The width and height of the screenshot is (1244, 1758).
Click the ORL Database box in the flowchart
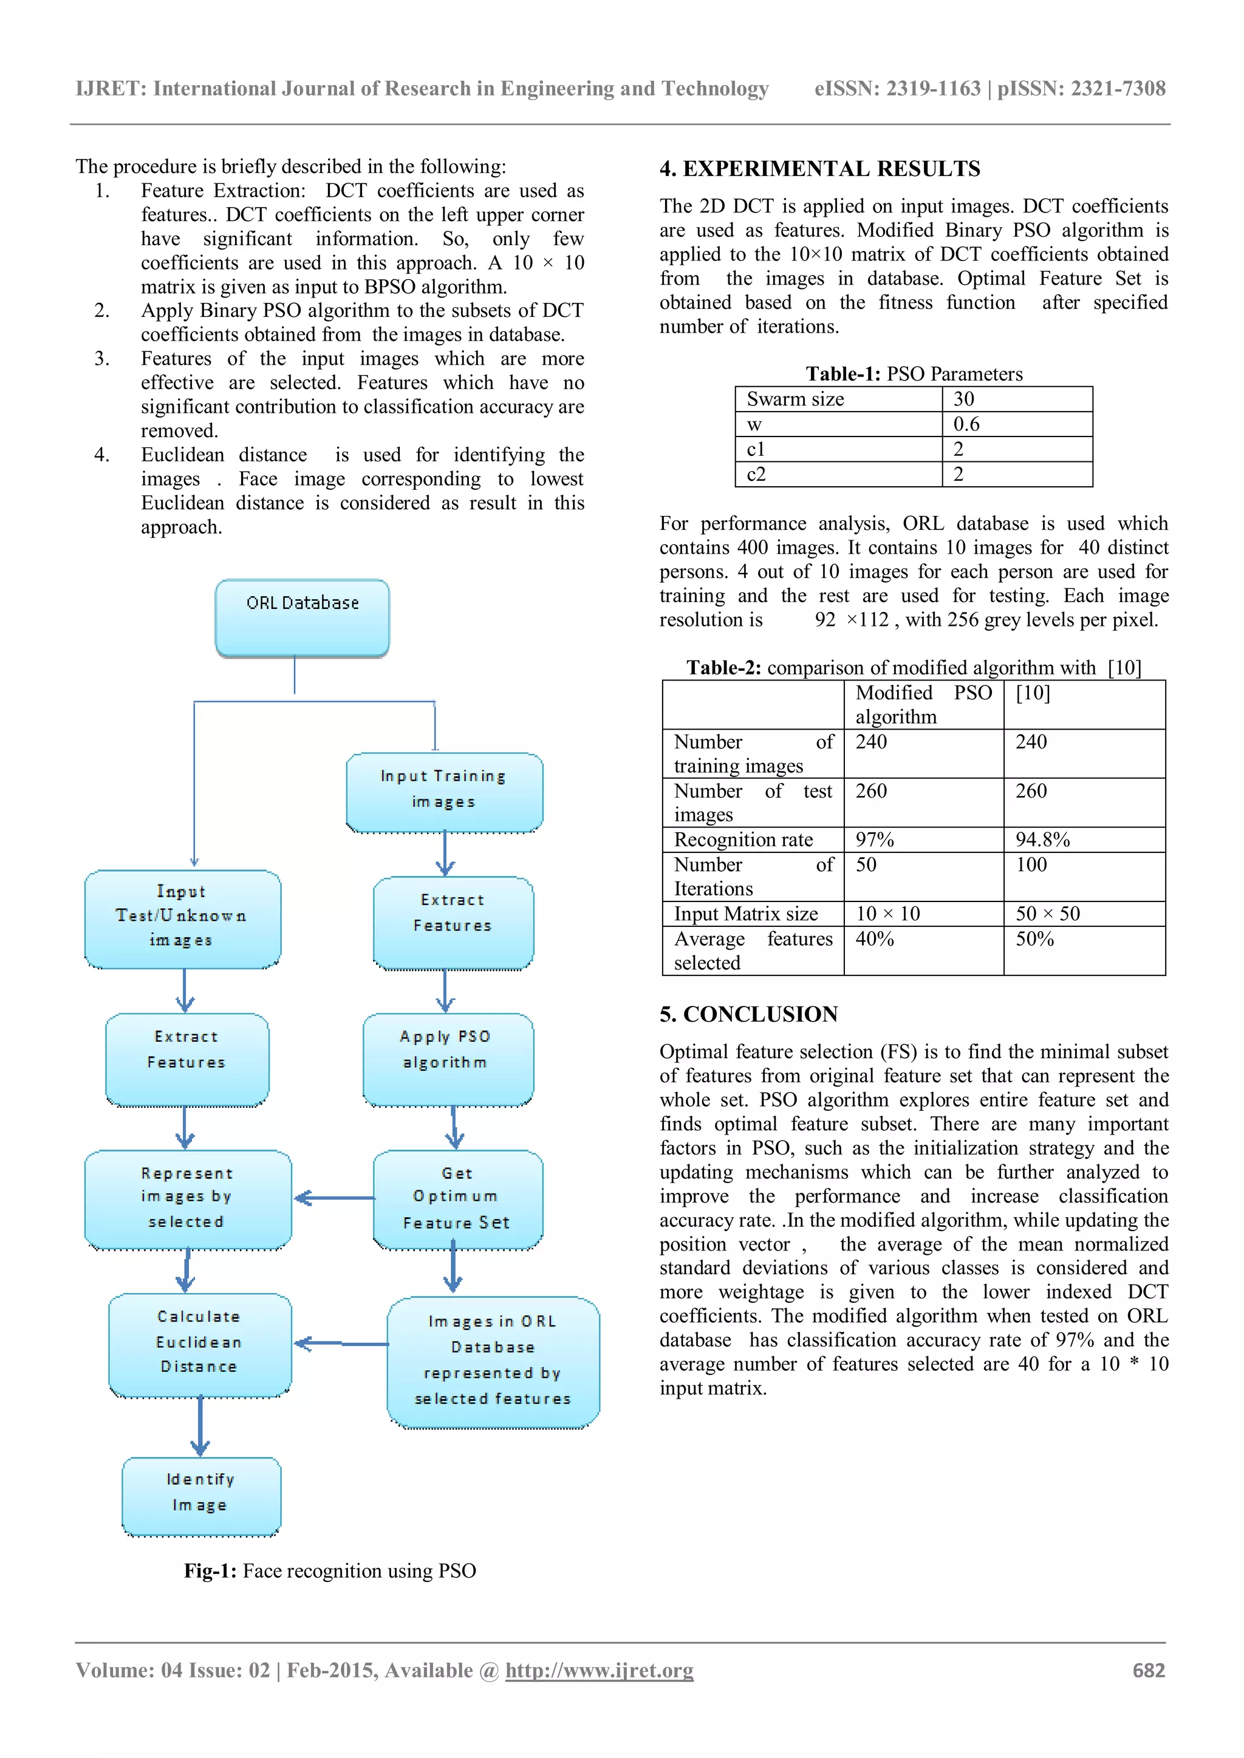[x=302, y=618]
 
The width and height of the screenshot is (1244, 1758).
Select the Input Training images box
[x=444, y=792]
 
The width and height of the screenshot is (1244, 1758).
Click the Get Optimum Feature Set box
[x=457, y=1198]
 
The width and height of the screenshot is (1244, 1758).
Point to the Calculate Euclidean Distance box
[x=199, y=1345]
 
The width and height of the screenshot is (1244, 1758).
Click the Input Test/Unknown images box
[x=182, y=918]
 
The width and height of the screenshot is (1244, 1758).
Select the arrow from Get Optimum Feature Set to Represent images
[x=334, y=1198]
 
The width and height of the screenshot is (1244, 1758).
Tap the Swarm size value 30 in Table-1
[x=1016, y=399]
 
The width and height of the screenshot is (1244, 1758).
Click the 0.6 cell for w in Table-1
[x=1016, y=424]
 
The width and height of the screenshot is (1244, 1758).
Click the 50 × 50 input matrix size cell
[x=1083, y=914]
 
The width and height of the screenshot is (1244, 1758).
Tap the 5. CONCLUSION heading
[x=748, y=1014]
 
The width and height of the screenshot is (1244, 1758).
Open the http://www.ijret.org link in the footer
[x=599, y=1671]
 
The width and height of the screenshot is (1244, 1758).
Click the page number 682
[x=1148, y=1671]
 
